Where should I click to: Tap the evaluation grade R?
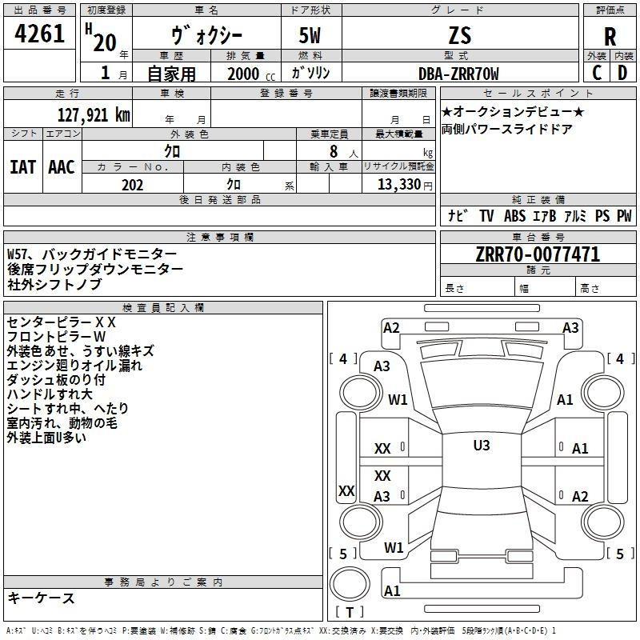(x=610, y=36)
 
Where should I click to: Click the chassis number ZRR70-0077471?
(x=537, y=255)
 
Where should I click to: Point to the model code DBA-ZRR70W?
(x=458, y=74)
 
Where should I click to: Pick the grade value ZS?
(x=459, y=35)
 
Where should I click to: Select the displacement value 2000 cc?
(x=249, y=74)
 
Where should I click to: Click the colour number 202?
(x=132, y=185)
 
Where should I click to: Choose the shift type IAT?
(x=22, y=166)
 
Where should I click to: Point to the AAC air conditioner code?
(x=61, y=166)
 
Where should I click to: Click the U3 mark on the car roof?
(x=481, y=446)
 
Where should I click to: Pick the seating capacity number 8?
(x=333, y=151)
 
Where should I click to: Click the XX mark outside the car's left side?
(x=346, y=490)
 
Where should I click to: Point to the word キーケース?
(x=41, y=598)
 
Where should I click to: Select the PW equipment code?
(x=623, y=215)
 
